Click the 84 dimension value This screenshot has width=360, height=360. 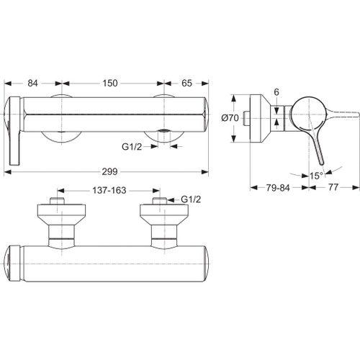[32, 84]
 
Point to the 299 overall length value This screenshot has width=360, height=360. [109, 171]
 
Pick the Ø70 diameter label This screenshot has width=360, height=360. [230, 117]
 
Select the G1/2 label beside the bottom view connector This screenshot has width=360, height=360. [190, 199]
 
